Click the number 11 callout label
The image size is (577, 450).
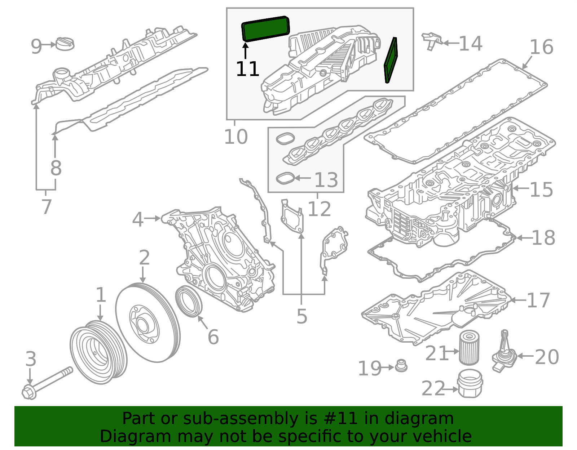click(x=247, y=69)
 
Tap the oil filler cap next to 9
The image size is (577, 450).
click(x=66, y=44)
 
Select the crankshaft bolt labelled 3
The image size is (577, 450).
click(x=47, y=383)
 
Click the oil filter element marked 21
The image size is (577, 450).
click(x=469, y=348)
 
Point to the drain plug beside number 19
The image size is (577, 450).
click(x=401, y=366)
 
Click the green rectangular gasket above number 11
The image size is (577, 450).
click(x=265, y=29)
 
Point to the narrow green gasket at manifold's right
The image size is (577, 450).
click(x=391, y=60)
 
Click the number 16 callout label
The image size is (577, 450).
click(x=541, y=48)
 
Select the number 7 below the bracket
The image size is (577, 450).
click(x=46, y=207)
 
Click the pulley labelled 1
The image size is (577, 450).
click(x=98, y=352)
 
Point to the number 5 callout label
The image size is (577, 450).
click(x=302, y=316)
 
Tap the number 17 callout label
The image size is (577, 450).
click(x=538, y=300)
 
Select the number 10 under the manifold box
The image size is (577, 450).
click(x=236, y=137)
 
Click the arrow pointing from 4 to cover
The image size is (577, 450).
click(x=152, y=218)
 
